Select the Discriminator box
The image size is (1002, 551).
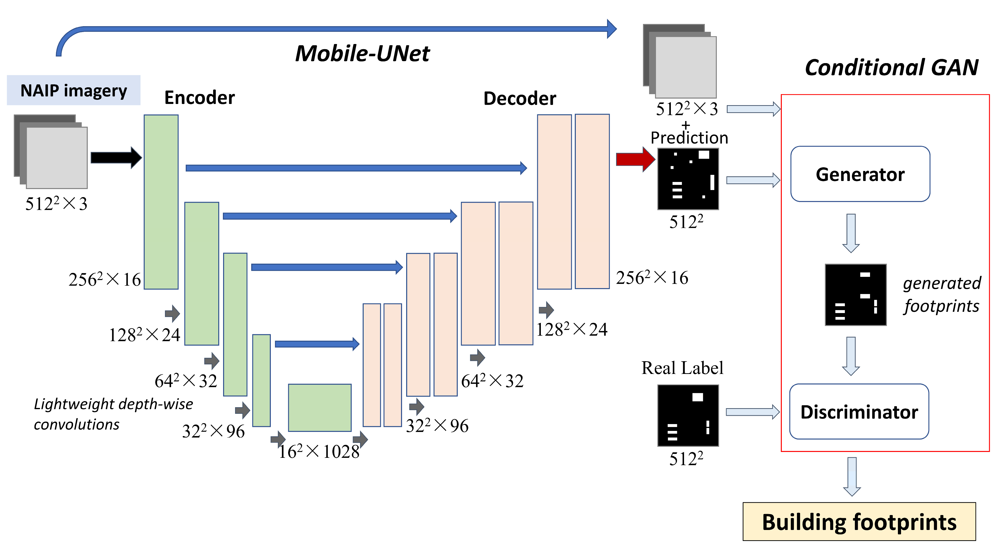pos(859,412)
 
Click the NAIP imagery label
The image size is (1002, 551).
pos(74,90)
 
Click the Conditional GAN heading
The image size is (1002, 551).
pos(891,67)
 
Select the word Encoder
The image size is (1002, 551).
pos(199,97)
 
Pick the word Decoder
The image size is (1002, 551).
pos(519,99)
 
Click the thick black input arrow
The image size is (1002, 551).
pos(116,157)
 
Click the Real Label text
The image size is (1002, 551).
pos(682,368)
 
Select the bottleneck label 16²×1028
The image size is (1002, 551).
pos(319,451)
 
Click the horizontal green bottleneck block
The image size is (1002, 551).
pos(320,407)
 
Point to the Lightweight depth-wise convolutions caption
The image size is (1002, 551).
pos(113,414)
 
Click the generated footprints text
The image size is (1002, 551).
pos(941,294)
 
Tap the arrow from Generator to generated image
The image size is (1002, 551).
pos(851,233)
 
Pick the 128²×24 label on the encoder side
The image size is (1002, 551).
pos(144,335)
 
